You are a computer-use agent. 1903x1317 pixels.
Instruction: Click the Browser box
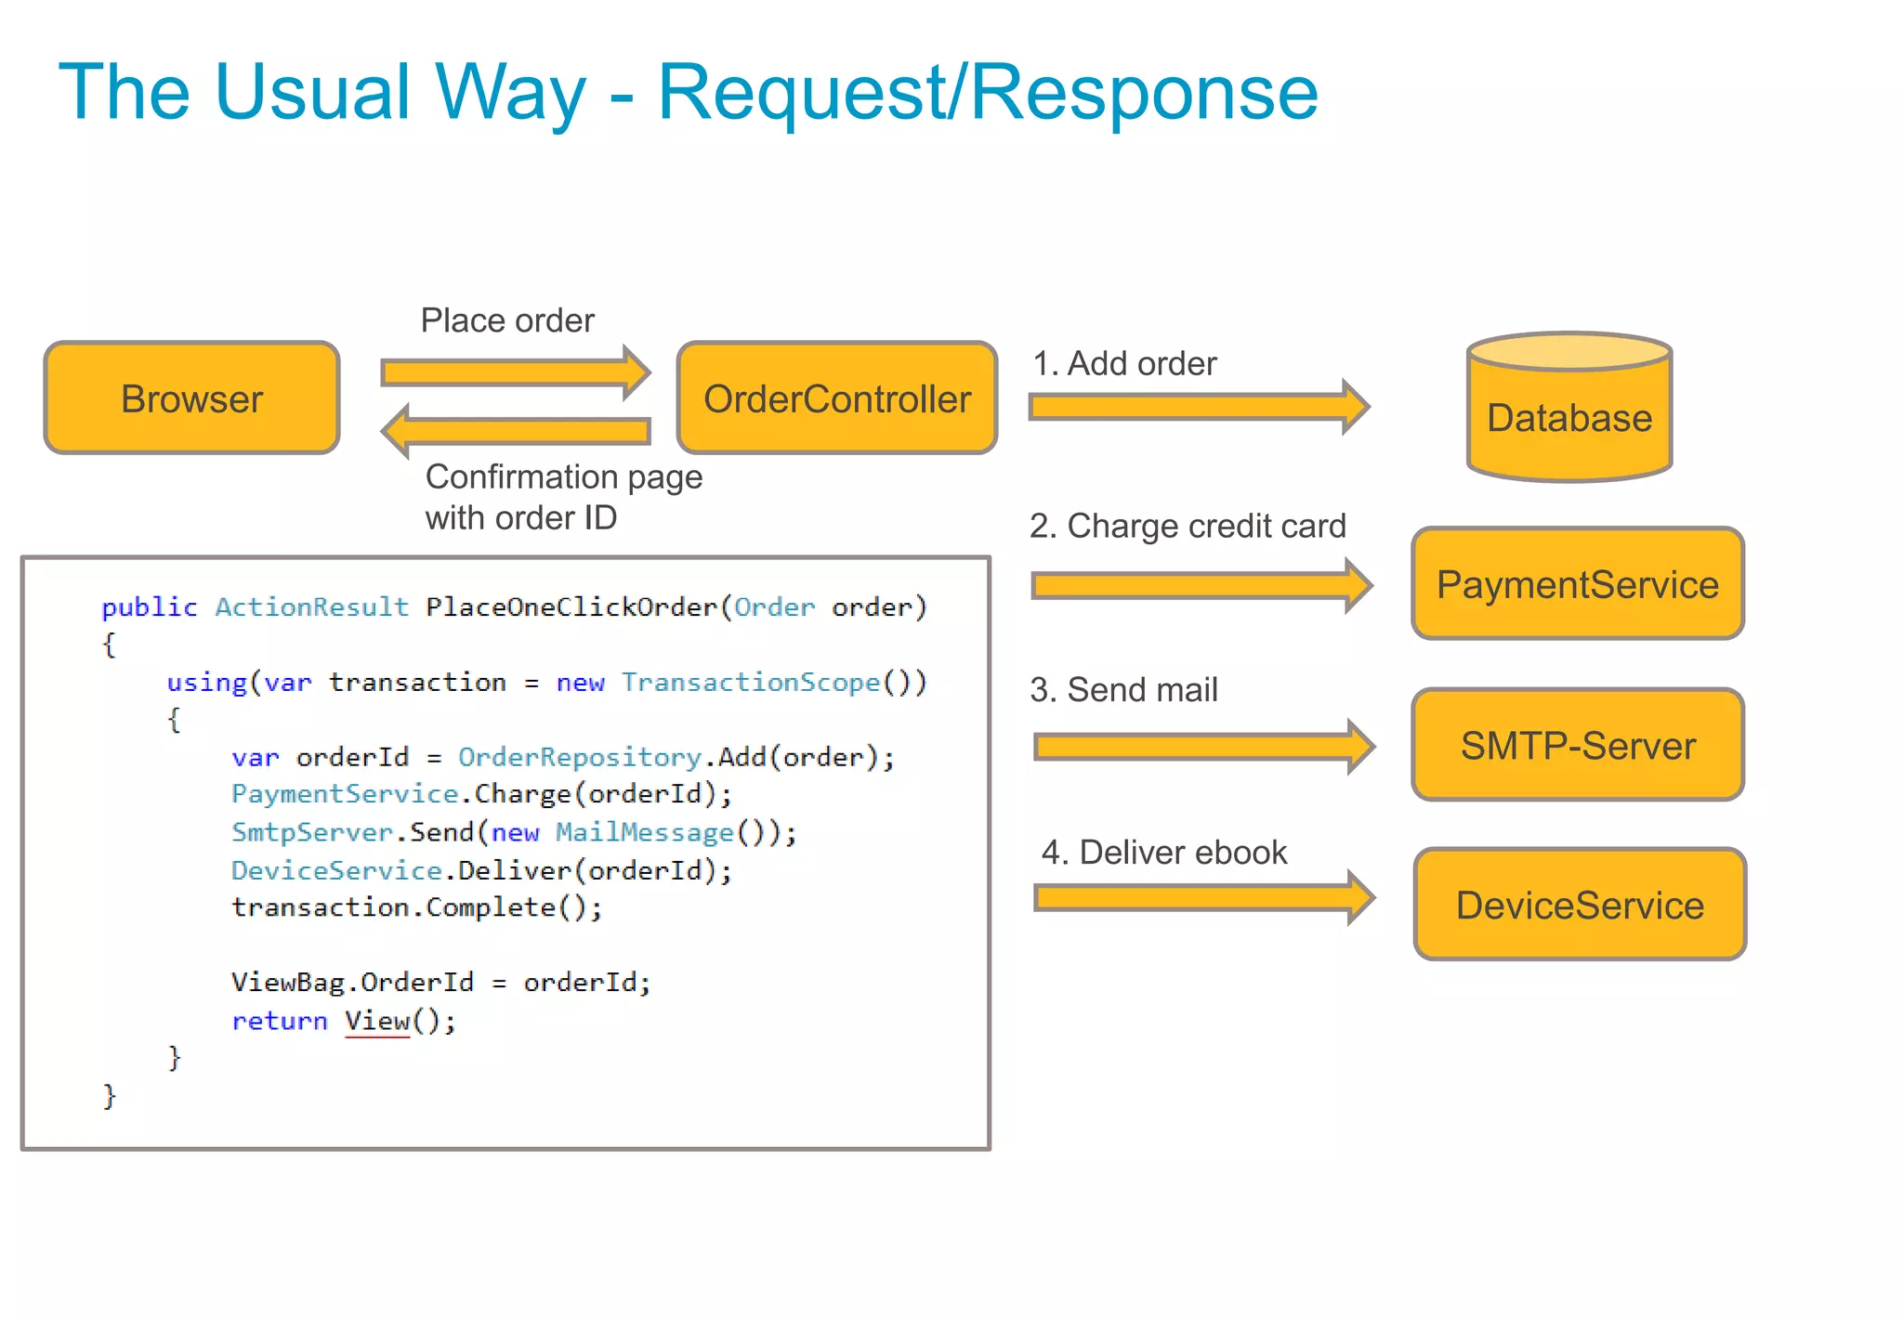pyautogui.click(x=191, y=398)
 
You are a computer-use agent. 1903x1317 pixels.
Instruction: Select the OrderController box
pyautogui.click(x=836, y=398)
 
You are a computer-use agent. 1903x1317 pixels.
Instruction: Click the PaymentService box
pyautogui.click(x=1577, y=583)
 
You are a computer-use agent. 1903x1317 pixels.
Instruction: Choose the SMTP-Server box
pyautogui.click(x=1577, y=745)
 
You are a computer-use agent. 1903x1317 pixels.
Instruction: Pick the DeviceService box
pyautogui.click(x=1579, y=905)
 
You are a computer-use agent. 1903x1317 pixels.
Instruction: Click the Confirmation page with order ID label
pyautogui.click(x=563, y=497)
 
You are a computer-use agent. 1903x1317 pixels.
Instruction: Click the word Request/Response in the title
pyautogui.click(x=987, y=93)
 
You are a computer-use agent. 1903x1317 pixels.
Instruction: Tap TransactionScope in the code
pyautogui.click(x=750, y=682)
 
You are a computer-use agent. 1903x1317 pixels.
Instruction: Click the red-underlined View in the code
pyautogui.click(x=377, y=1021)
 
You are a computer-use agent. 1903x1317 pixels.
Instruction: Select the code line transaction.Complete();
pyautogui.click(x=416, y=906)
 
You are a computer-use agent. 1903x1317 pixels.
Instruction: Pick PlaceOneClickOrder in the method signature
pyautogui.click(x=571, y=606)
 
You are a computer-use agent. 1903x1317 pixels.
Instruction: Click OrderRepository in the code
pyautogui.click(x=579, y=757)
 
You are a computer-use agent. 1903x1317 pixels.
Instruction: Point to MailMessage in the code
pyautogui.click(x=644, y=831)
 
